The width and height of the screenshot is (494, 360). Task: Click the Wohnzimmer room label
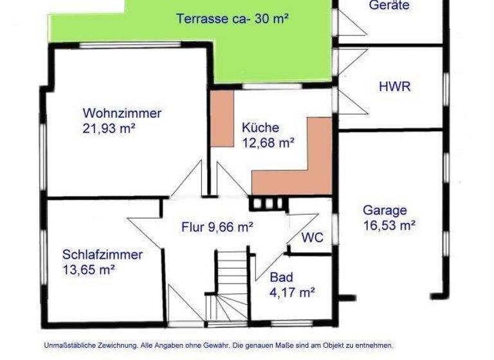122,114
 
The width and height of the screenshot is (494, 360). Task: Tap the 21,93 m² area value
109,129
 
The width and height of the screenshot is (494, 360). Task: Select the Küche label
261,127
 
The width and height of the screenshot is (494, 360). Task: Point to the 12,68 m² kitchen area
268,143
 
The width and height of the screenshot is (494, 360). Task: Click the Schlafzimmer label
102,255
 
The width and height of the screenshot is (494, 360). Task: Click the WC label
313,237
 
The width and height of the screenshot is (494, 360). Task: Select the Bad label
281,278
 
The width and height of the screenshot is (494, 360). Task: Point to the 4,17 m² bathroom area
292,293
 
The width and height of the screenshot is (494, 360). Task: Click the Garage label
385,210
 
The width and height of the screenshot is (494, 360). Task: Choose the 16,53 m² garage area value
389,225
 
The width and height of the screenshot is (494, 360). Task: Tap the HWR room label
394,86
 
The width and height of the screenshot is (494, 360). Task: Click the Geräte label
390,6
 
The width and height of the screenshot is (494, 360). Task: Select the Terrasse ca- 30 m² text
232,19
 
